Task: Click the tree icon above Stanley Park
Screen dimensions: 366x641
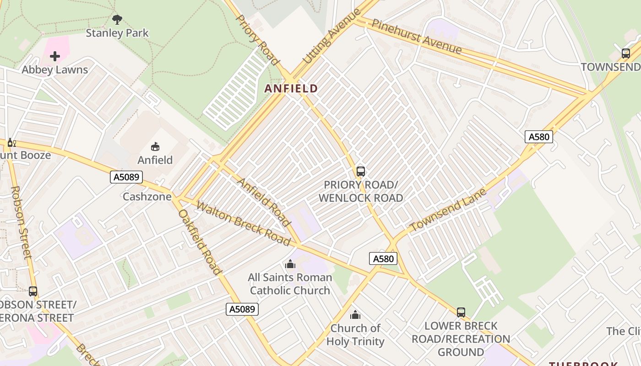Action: (117, 19)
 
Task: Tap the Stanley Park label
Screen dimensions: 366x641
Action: (117, 33)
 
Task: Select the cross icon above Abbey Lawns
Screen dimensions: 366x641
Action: (55, 56)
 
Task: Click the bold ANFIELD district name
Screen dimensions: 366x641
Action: (291, 89)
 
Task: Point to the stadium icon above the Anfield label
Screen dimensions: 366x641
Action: (155, 146)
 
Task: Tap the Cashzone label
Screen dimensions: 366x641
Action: (147, 197)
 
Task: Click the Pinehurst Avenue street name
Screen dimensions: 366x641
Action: (416, 36)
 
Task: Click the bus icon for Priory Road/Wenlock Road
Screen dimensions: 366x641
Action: (361, 172)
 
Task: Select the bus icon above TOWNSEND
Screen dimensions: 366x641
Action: (626, 53)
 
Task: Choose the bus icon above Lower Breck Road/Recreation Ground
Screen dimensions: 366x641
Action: (461, 312)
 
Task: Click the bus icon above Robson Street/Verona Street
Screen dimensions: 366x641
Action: (33, 291)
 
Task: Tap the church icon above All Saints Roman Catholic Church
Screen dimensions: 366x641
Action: (290, 264)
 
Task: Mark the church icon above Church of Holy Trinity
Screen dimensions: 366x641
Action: (355, 315)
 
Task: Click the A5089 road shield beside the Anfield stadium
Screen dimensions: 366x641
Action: (126, 177)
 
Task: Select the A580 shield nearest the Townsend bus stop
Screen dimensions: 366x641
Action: (539, 137)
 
